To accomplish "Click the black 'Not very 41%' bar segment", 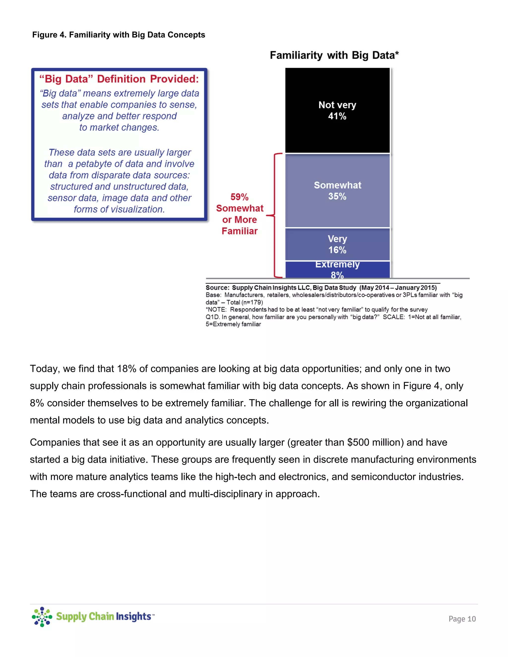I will coord(337,110).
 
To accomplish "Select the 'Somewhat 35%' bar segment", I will coord(337,190).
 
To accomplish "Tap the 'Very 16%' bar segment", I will coord(337,244).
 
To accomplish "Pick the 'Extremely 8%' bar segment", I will coord(337,269).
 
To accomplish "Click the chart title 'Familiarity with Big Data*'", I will coord(334,55).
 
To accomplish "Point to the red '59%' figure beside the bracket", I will coord(240,197).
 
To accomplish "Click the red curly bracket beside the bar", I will coord(275,215).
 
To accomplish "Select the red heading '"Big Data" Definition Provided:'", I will coord(119,79).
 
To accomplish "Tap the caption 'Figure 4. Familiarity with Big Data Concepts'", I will coord(119,35).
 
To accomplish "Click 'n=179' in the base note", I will coord(252,302).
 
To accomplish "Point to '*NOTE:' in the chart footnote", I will coord(216,310).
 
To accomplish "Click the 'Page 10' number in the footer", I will coord(462,619).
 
